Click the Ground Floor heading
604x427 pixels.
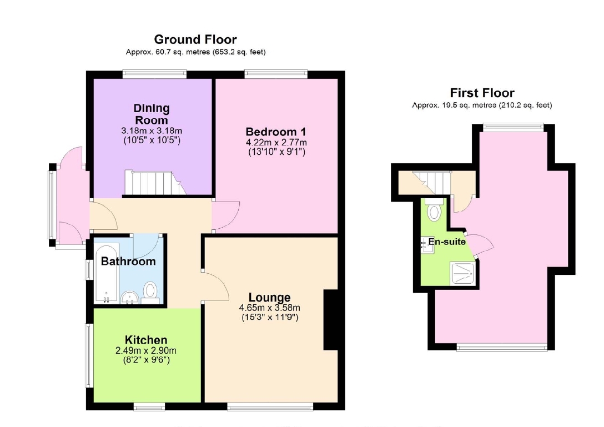coord(195,39)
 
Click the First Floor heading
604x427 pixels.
coord(482,93)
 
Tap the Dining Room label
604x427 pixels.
coord(152,114)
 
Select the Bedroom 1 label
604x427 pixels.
coord(276,132)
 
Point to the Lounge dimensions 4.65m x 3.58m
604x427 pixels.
coord(270,308)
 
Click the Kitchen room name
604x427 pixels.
coord(146,340)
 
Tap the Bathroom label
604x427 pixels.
coord(128,262)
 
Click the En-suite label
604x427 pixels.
coord(447,242)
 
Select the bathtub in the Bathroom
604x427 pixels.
coord(107,274)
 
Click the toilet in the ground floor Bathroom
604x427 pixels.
coord(150,293)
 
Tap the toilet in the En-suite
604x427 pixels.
coord(434,210)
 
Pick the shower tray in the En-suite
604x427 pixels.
coord(462,273)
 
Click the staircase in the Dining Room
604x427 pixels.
coord(155,183)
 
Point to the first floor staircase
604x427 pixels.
coord(431,183)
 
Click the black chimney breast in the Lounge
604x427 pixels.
coord(330,319)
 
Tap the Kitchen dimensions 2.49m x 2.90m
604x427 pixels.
coord(146,351)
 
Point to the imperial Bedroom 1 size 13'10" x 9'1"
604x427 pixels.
coord(276,152)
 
